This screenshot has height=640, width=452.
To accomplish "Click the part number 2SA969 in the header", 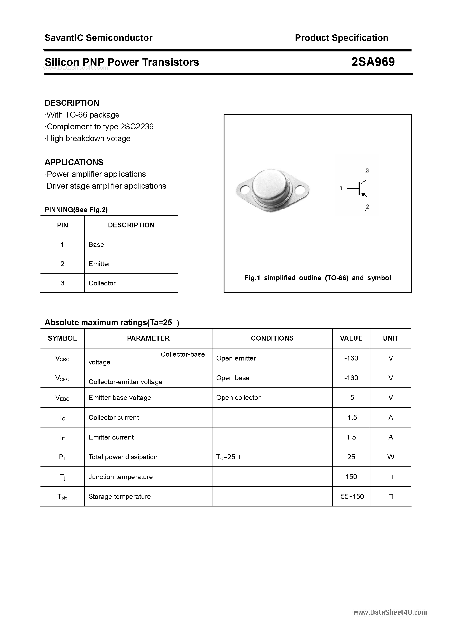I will pyautogui.click(x=373, y=62).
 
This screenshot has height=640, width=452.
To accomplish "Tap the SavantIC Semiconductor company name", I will pyautogui.click(x=98, y=38).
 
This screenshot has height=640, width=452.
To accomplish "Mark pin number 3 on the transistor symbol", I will pyautogui.click(x=367, y=170).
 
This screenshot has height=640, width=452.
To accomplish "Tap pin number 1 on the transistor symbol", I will pyautogui.click(x=341, y=188).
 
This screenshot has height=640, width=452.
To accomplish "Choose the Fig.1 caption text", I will pyautogui.click(x=318, y=278).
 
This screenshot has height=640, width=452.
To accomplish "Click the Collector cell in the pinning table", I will pyautogui.click(x=102, y=283).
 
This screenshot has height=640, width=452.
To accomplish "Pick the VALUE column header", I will pyautogui.click(x=351, y=338).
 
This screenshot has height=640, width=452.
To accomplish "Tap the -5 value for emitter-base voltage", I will pyautogui.click(x=351, y=397).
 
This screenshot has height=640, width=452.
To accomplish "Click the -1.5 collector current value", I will pyautogui.click(x=351, y=417).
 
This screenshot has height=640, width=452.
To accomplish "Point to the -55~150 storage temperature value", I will pyautogui.click(x=351, y=496).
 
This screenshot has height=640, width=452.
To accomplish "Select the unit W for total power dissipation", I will pyautogui.click(x=391, y=457).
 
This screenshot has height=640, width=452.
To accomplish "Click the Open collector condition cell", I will pyautogui.click(x=238, y=397).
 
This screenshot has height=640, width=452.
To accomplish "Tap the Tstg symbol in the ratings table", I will pyautogui.click(x=62, y=497).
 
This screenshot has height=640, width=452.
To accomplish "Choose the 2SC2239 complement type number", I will pyautogui.click(x=137, y=127).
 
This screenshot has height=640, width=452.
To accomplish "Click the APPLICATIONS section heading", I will pyautogui.click(x=74, y=162).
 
